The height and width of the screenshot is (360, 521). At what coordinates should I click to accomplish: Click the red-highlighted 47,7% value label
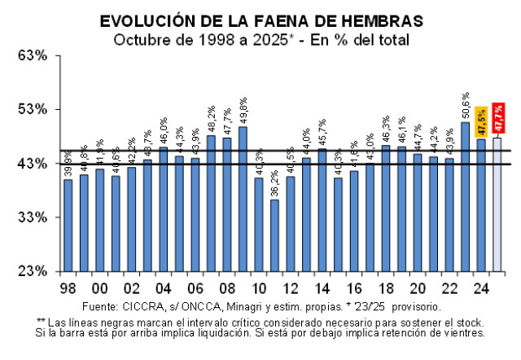coord(497,120)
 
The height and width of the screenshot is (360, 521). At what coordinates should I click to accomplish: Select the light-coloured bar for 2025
coord(497,204)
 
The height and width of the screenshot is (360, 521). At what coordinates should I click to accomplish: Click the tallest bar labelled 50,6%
coord(466,196)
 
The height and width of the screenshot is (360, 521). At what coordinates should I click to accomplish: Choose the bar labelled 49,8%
coord(243,199)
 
